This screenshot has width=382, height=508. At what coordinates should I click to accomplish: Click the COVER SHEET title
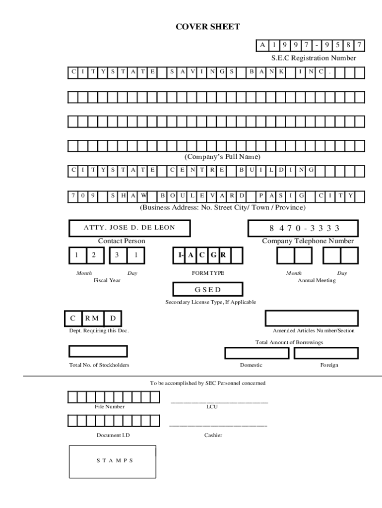(x=208, y=27)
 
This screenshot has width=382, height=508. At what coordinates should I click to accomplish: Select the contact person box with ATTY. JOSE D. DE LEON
(x=129, y=228)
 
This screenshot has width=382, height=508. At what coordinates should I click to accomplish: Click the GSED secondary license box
(x=208, y=290)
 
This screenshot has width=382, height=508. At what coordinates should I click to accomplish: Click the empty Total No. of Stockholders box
(x=98, y=351)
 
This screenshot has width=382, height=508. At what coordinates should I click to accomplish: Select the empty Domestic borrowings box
(x=256, y=353)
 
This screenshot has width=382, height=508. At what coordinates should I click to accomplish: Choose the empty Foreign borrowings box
(x=326, y=353)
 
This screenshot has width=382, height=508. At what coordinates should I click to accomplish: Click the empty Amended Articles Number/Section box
(x=312, y=318)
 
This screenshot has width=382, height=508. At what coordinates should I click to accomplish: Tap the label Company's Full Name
(x=222, y=157)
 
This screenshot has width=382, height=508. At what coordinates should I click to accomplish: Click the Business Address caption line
(x=222, y=207)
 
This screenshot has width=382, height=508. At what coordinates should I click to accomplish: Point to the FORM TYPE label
(x=208, y=273)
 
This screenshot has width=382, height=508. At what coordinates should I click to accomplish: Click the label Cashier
(x=213, y=435)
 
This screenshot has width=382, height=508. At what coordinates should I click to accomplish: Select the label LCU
(x=212, y=407)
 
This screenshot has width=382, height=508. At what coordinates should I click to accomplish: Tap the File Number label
(x=110, y=407)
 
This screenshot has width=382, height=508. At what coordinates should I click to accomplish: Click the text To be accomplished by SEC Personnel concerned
(x=208, y=383)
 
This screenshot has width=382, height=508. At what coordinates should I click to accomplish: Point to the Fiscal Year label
(x=107, y=280)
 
